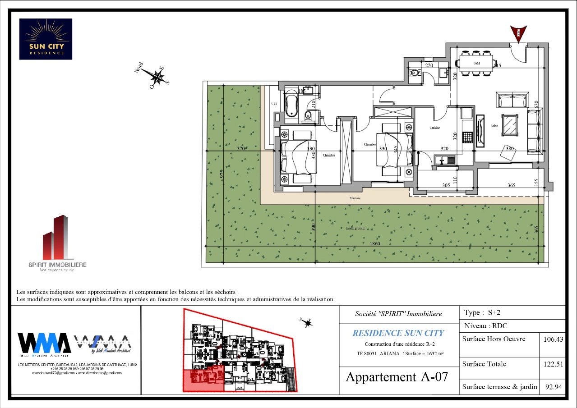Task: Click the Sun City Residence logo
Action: point(46,39)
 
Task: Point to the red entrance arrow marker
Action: point(518,34)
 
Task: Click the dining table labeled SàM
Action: point(476,64)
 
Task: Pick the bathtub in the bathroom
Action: point(291,106)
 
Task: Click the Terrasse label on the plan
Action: point(355,198)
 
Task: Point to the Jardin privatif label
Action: point(355,229)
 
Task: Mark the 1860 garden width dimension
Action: point(375,244)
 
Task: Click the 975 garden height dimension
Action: point(222,174)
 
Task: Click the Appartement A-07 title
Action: point(397,377)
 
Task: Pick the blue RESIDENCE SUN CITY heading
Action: point(398,333)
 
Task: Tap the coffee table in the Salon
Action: point(512,124)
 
